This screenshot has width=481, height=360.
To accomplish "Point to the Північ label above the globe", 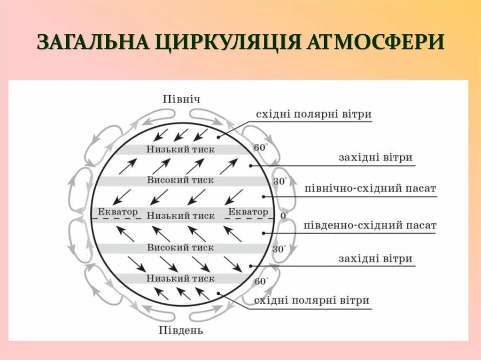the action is pyautogui.click(x=181, y=99).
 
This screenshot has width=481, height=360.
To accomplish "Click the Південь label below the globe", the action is pyautogui.click(x=180, y=330).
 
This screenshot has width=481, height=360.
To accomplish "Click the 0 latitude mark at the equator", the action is pyautogui.click(x=283, y=215).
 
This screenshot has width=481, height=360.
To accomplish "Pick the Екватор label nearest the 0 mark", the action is pyautogui.click(x=248, y=212).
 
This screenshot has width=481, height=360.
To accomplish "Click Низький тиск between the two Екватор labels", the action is pyautogui.click(x=180, y=215).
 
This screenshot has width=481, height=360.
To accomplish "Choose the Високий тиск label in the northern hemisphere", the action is pyautogui.click(x=180, y=180).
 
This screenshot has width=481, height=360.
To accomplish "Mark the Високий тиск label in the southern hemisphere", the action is pyautogui.click(x=180, y=247).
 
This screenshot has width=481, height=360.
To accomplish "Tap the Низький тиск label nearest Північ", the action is pyautogui.click(x=180, y=149).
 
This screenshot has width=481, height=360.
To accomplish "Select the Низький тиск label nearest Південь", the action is pyautogui.click(x=180, y=278).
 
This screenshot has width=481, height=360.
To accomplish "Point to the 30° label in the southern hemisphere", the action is pyautogui.click(x=279, y=249).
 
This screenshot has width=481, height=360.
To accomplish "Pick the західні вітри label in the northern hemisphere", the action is pyautogui.click(x=375, y=158).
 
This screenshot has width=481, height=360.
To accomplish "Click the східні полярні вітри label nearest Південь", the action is pyautogui.click(x=312, y=300).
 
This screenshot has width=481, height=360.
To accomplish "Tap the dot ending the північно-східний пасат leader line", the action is pyautogui.click(x=264, y=197).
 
